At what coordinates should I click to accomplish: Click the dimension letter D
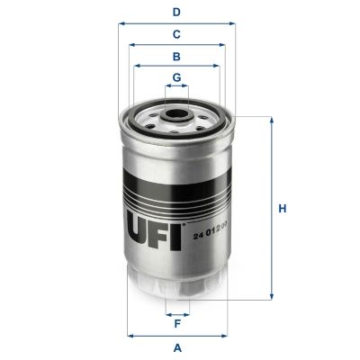pos(177,12)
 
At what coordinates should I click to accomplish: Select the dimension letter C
pos(177,34)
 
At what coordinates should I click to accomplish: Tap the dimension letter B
pos(177,56)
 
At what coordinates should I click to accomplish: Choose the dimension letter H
pos(282,209)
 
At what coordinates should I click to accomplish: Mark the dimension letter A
pos(177,347)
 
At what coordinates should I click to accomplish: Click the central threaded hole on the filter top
pos(176,115)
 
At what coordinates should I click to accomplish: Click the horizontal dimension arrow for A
pos(176,336)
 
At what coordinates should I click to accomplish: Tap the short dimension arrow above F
pos(177,314)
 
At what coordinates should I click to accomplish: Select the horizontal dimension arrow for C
pos(176,44)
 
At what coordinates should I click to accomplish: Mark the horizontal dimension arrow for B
pos(176,66)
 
